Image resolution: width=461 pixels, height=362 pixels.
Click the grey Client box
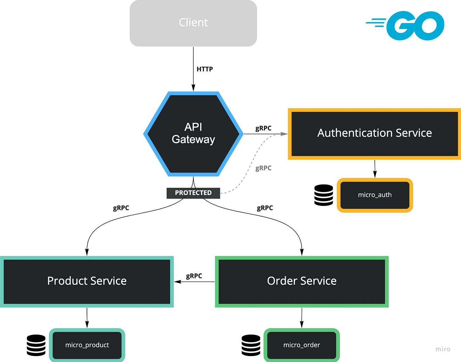click(193, 23)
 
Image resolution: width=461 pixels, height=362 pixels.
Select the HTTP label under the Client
click(204, 69)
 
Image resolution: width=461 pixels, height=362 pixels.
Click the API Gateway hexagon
click(193, 134)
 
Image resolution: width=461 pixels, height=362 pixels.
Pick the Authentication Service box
click(374, 133)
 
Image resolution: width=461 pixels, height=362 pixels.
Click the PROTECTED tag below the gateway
click(193, 193)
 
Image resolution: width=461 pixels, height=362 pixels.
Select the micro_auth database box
click(375, 195)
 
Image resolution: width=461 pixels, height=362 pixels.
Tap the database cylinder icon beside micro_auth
click(324, 195)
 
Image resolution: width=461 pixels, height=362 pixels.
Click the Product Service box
click(87, 281)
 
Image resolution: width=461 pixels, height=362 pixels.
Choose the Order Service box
click(302, 281)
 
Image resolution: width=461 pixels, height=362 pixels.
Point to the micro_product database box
click(87, 345)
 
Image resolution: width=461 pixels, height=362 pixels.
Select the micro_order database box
click(302, 345)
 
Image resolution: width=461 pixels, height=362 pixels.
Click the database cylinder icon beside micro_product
click(36, 345)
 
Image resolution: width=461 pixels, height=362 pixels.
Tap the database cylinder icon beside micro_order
click(251, 345)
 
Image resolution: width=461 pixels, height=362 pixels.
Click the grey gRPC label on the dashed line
click(263, 168)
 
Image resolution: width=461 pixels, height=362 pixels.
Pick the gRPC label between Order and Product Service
click(194, 276)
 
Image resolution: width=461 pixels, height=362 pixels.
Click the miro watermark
click(443, 349)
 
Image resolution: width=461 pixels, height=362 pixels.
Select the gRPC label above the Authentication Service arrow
click(263, 128)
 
